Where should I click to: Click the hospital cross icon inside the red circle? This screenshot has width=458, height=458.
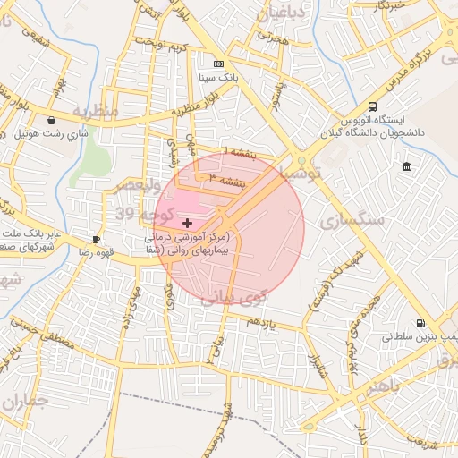pyautogui.click(x=186, y=222)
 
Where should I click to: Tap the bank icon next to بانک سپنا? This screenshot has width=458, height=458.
pyautogui.click(x=219, y=64)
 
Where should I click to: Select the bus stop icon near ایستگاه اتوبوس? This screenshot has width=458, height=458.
pyautogui.click(x=372, y=106)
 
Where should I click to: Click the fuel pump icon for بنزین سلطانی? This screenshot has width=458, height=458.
pyautogui.click(x=420, y=324)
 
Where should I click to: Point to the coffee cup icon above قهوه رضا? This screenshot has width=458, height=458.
pyautogui.click(x=97, y=239)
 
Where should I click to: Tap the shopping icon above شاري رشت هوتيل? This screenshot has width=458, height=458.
pyautogui.click(x=51, y=120)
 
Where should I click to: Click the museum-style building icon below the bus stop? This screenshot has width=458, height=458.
pyautogui.click(x=407, y=167)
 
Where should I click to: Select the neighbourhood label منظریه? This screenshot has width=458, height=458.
pyautogui.click(x=94, y=112)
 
